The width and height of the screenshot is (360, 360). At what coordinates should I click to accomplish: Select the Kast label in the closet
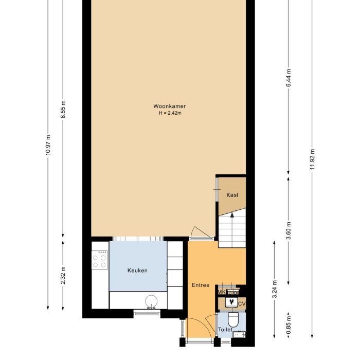click(232, 195)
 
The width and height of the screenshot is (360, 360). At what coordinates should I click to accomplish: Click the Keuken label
click(137, 270)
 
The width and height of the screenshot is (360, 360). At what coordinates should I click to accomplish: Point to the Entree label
click(200, 285)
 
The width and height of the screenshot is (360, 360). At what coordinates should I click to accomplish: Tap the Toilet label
click(225, 329)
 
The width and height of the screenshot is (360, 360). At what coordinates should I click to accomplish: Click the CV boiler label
click(242, 304)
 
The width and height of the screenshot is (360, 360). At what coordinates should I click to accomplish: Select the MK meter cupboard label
click(221, 292)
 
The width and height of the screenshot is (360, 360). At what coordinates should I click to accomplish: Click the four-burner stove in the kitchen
click(100, 260)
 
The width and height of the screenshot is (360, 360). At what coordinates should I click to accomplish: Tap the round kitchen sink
click(151, 301)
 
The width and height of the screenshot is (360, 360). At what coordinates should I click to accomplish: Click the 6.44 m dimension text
click(289, 78)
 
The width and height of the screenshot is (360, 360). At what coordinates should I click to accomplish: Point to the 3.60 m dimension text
click(289, 230)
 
